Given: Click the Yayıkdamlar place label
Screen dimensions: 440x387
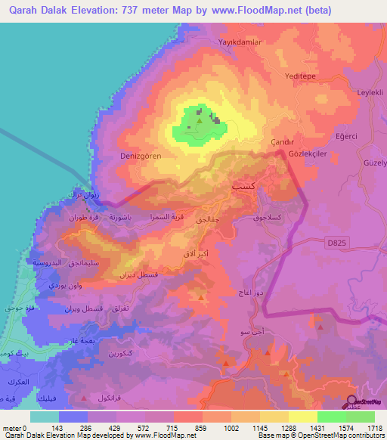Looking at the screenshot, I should [240, 42].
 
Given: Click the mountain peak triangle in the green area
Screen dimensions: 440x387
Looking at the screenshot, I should [199, 119].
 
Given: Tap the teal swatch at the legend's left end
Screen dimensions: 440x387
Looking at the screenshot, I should [45, 417].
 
